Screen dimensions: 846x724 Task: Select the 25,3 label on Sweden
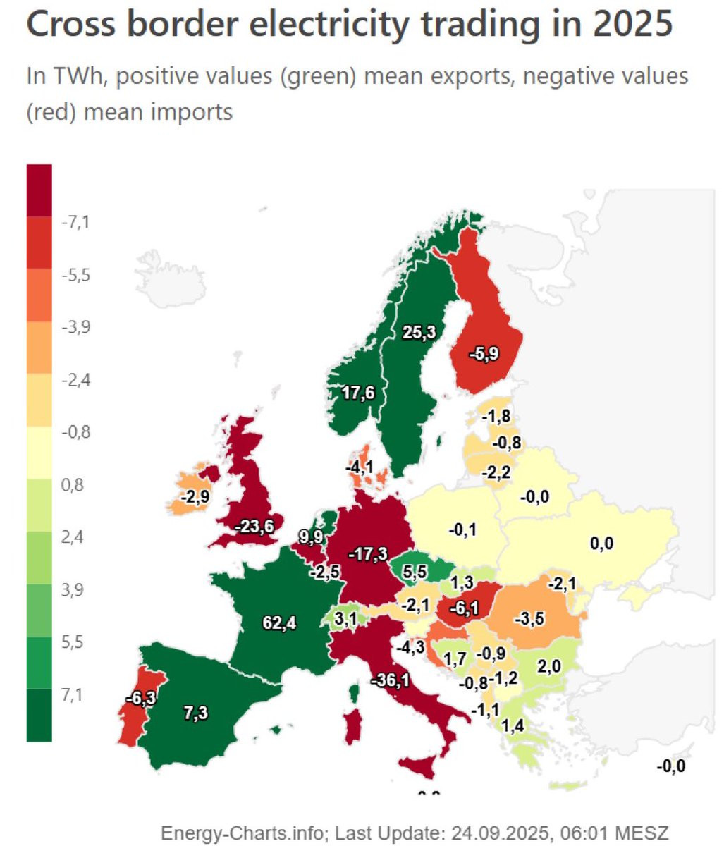pos(419,333)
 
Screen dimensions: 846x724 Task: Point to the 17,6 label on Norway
pos(359,393)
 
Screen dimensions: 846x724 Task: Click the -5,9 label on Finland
pos(483,354)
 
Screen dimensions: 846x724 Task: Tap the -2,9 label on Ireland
pos(193,497)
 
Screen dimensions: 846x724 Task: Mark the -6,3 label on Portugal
pos(141,697)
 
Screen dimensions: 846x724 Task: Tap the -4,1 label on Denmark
pos(359,467)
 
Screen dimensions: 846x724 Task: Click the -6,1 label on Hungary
pos(462,606)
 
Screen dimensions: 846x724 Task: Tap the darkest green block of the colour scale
pos(39,715)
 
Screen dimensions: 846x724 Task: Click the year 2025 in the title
pos(632,25)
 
